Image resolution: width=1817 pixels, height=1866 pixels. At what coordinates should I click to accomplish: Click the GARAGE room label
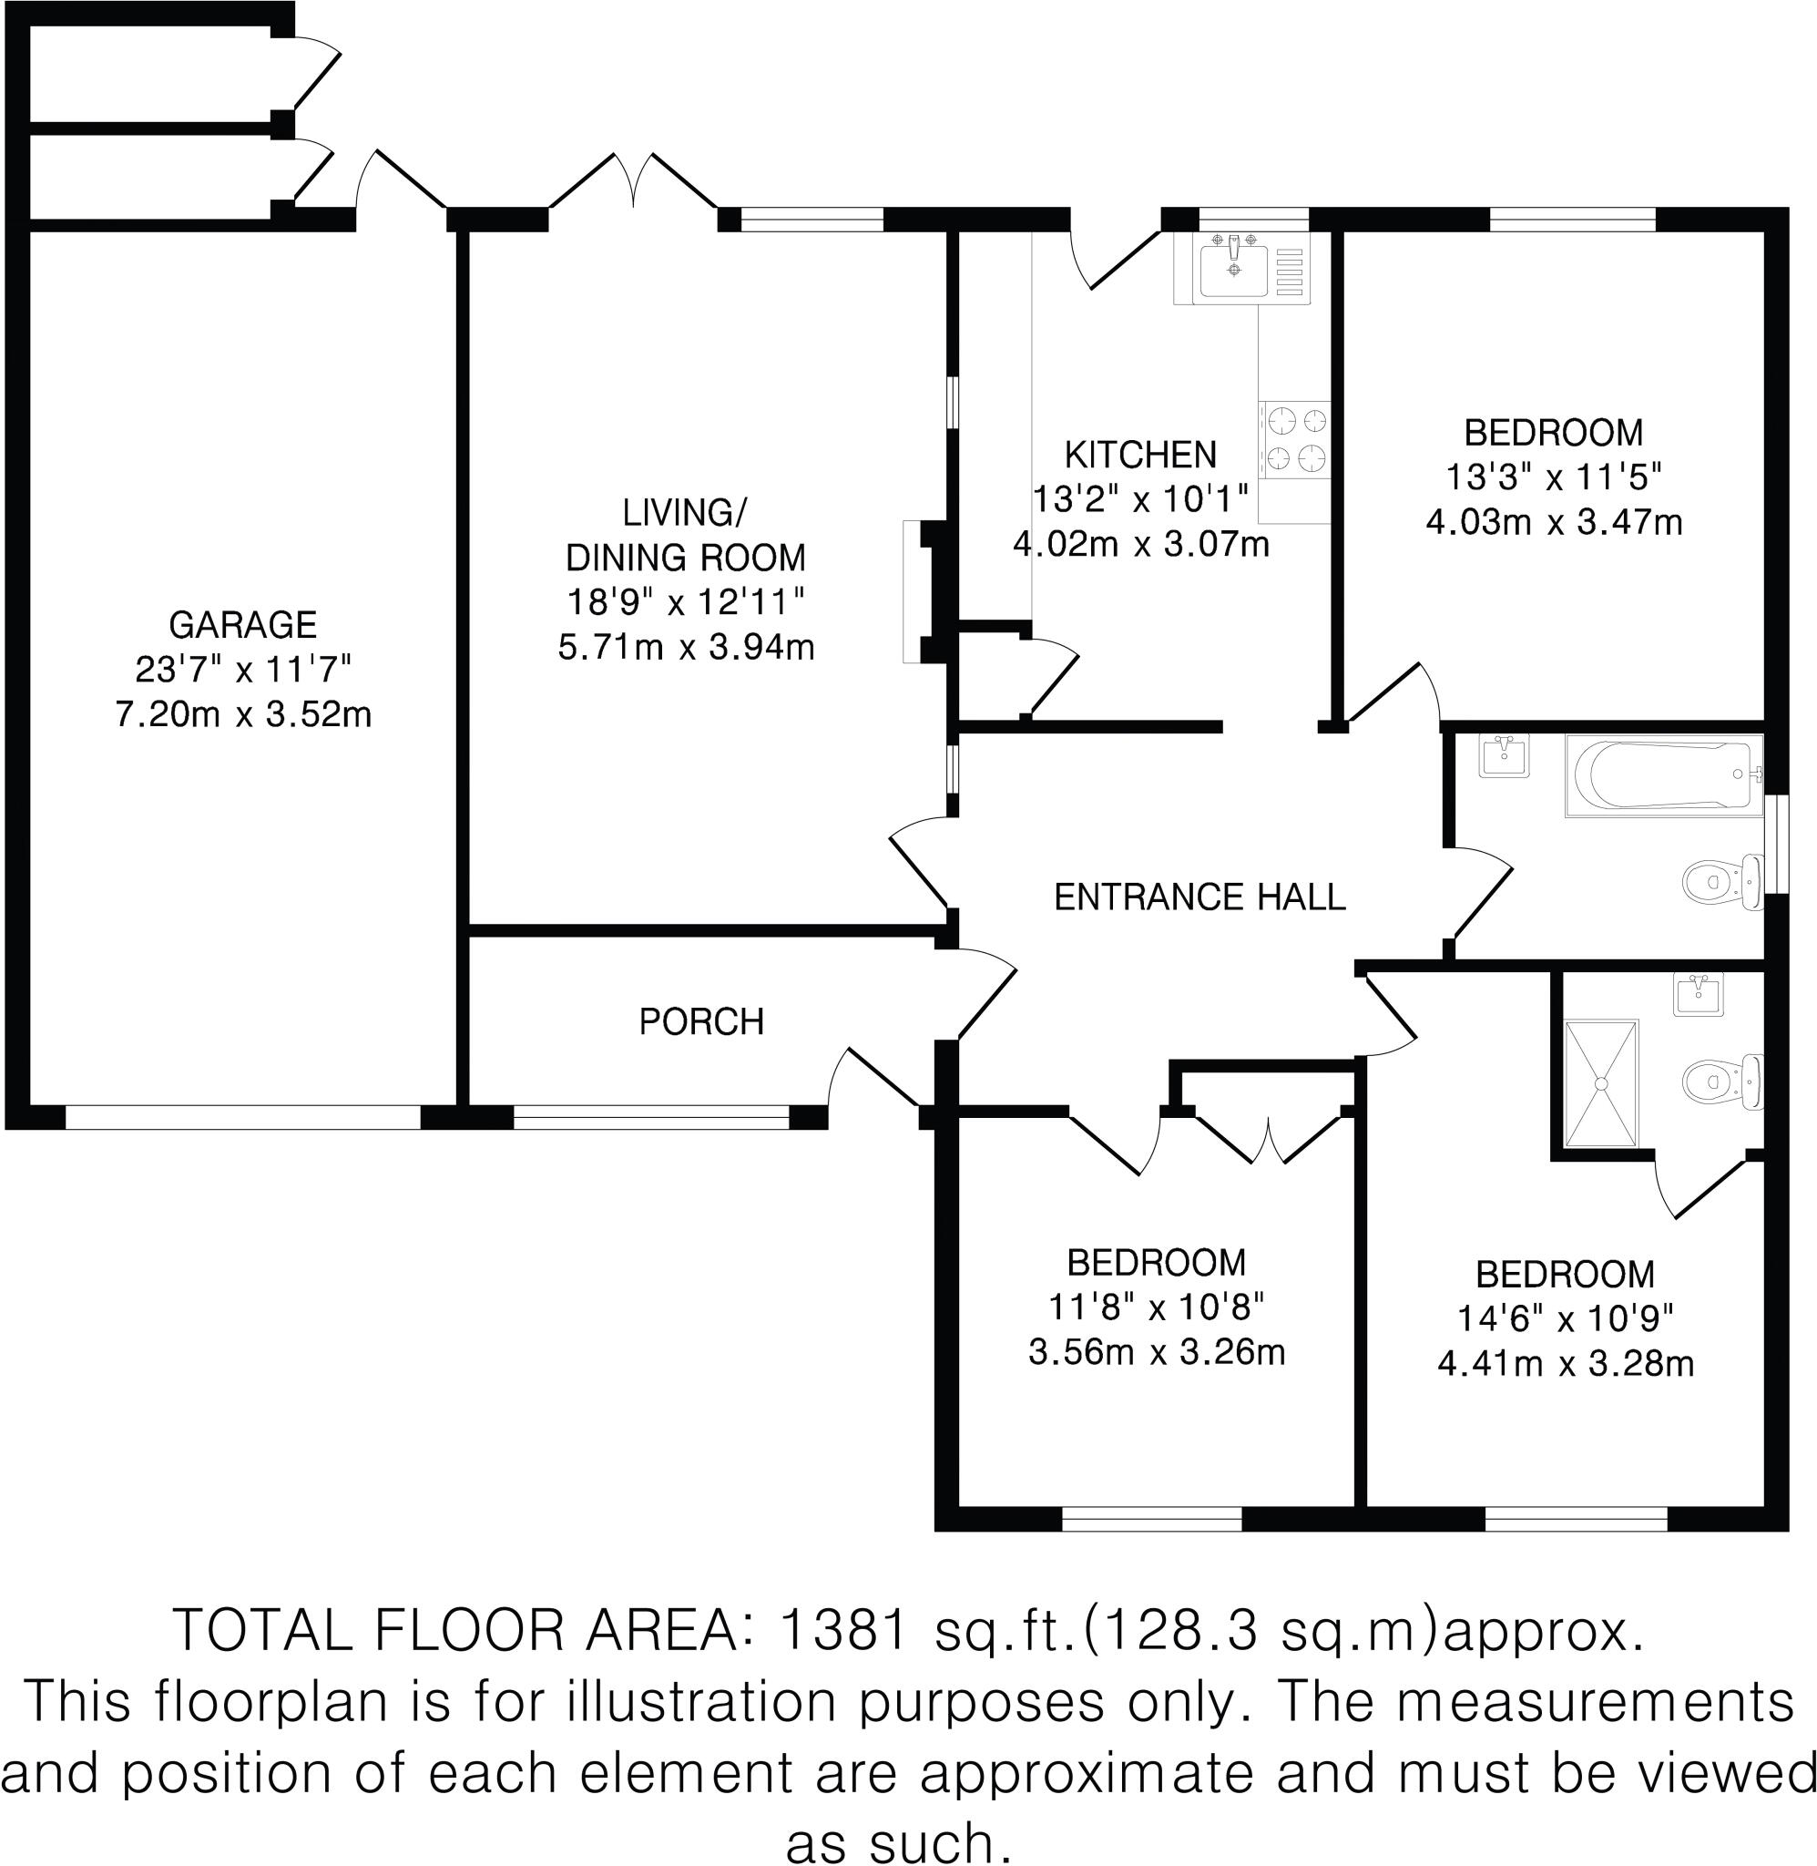[242, 625]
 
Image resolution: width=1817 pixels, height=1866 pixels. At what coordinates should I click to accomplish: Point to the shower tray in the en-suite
[1601, 1083]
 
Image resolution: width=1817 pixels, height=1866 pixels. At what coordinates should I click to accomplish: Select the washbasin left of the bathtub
[1504, 756]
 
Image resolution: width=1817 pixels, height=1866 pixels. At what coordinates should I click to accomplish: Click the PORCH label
[701, 1022]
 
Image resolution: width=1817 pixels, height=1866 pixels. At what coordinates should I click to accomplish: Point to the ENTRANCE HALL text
[1199, 897]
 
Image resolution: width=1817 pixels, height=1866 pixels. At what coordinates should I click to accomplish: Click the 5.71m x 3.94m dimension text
[686, 648]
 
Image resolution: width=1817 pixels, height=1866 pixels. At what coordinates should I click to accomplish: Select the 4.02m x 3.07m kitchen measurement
[1140, 545]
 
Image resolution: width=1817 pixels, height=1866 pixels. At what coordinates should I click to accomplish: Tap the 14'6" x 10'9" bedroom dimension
[1565, 1319]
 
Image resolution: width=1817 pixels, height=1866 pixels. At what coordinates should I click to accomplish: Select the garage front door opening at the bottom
[242, 1117]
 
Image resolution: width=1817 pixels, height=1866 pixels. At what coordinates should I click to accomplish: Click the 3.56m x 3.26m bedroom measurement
[1157, 1352]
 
